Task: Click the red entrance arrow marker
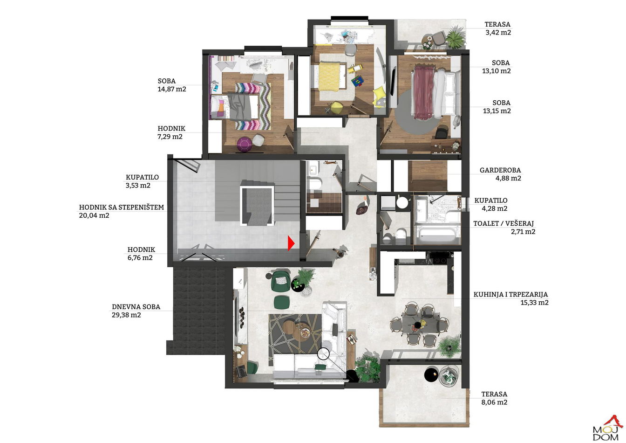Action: point(291,243)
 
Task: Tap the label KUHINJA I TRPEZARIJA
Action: point(510,295)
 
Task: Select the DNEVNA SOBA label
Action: point(136,307)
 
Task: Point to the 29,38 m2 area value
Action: point(126,315)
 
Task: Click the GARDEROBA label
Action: point(500,170)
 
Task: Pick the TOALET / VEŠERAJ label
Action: point(504,224)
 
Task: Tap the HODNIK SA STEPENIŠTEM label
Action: point(121,208)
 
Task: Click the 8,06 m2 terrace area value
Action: point(494,402)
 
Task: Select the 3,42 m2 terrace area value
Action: point(498,33)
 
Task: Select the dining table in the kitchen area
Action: point(420,325)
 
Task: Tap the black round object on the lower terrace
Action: point(431,374)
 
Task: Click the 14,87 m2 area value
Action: point(172,89)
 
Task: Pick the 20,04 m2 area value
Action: point(94,215)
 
